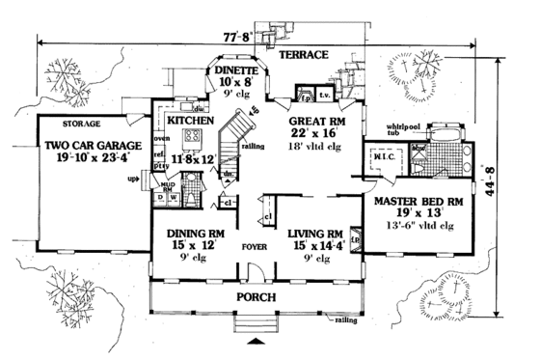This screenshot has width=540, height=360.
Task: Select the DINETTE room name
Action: coord(234,71)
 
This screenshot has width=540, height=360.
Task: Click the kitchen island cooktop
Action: coord(193,135)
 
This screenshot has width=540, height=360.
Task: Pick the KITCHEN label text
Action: coord(190,122)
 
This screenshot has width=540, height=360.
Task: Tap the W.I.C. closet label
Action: coord(381,158)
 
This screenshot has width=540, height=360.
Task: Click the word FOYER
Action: coord(255,244)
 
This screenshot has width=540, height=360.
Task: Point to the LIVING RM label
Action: coord(313,233)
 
